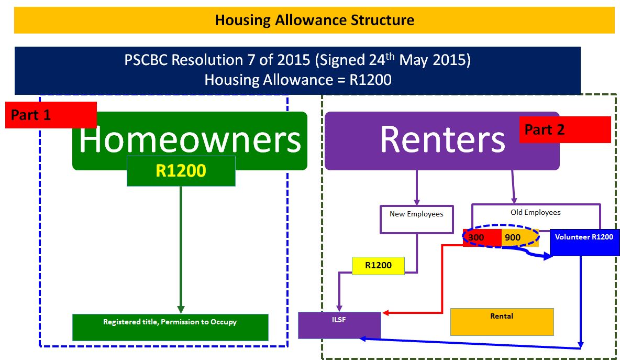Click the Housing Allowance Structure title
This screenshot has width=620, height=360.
coord(314,20)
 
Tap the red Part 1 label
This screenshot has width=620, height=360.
coord(51,115)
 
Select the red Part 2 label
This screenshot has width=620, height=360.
coord(565,129)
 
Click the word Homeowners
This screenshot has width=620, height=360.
coord(190,139)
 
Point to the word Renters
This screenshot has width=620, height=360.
coord(442,139)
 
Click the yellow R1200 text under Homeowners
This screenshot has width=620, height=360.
coord(181,170)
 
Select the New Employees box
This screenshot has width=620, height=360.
coord(417,219)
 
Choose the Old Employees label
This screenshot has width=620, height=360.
coord(535,212)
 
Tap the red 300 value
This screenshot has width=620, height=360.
coord(476,237)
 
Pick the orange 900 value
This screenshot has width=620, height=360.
coord(513,237)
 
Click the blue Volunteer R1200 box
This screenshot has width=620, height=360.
coord(584,242)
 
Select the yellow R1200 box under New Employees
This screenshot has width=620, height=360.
coord(379,266)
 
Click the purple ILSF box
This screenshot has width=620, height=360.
coord(339,325)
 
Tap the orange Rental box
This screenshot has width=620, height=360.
coord(502,322)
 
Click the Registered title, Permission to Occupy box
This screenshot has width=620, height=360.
coord(170,327)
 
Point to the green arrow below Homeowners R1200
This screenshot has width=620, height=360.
coord(181,250)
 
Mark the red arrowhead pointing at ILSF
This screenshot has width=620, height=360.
coord(386,313)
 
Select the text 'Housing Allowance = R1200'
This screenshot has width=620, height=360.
coord(298,80)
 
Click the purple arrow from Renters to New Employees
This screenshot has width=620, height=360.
coord(417,188)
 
